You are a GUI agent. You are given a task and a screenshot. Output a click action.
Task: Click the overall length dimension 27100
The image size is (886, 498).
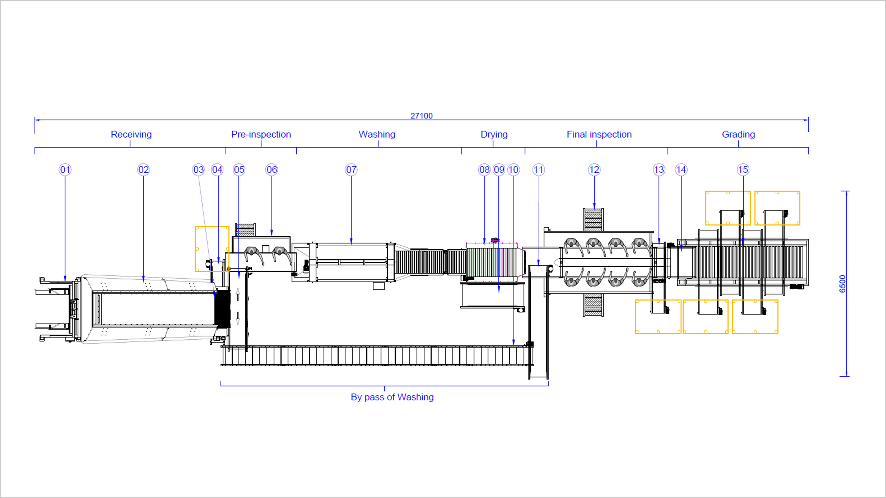point(421,116)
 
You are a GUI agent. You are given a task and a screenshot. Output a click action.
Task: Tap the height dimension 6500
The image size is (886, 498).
point(842,284)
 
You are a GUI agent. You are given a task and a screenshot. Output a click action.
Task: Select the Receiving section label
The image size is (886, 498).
point(131,134)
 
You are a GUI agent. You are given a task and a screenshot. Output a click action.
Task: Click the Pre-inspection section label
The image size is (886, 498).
point(261,134)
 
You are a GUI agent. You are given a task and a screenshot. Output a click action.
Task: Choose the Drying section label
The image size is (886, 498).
point(494,134)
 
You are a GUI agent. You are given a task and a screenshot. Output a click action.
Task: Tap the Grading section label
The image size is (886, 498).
point(738,134)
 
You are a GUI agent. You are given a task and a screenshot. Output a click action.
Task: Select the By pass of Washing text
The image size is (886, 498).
point(392,397)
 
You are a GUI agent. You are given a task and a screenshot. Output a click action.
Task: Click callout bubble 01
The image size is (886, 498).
point(65,170)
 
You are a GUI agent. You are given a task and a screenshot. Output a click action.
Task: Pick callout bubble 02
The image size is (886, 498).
point(144,170)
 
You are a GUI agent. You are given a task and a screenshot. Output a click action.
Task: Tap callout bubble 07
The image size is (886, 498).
point(351,170)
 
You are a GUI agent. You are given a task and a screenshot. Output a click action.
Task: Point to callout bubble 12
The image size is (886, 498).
point(594,170)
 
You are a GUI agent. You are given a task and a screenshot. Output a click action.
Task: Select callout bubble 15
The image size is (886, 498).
point(743,170)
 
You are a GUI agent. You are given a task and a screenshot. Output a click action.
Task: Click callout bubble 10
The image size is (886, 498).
point(513,170)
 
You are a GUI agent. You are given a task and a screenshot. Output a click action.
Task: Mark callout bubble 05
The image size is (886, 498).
point(239,170)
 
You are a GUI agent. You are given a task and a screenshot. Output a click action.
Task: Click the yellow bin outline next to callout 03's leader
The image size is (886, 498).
point(212,249)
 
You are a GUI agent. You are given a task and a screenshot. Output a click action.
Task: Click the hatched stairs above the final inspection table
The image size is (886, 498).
point(593,220)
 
